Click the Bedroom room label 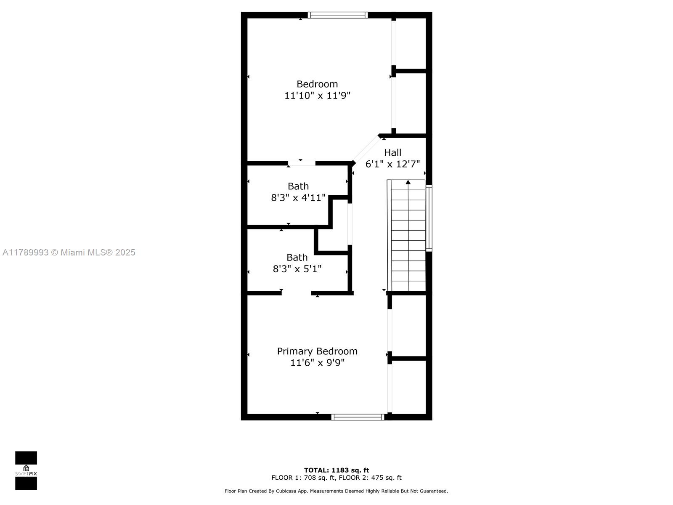point(317,84)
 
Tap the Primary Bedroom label point(317,351)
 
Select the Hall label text point(392,152)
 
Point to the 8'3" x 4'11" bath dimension point(298,198)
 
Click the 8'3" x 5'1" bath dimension point(297,269)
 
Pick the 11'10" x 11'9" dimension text point(317,96)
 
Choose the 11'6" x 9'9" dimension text point(317,363)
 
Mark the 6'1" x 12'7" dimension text point(392,164)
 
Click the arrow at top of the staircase point(408,182)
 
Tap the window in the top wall point(338,15)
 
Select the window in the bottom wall point(358,417)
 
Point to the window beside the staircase point(429,218)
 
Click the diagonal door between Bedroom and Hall point(366,149)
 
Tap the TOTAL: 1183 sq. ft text point(336,470)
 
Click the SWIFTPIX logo point(26,470)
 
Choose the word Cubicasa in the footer point(286,491)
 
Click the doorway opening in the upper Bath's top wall point(302,163)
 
